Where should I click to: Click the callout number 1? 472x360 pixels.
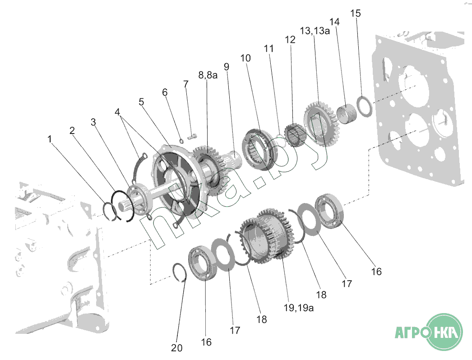point(50,139)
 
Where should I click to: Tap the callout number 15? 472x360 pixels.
point(356,13)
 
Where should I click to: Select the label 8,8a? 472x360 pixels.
point(208,75)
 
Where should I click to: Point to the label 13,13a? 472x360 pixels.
point(315,31)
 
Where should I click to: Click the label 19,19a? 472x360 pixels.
point(299,308)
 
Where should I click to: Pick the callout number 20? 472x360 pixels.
point(177,348)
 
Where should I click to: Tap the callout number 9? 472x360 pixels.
point(227,66)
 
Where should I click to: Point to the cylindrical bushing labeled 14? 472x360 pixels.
point(346,113)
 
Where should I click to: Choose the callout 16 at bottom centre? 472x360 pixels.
point(206,342)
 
